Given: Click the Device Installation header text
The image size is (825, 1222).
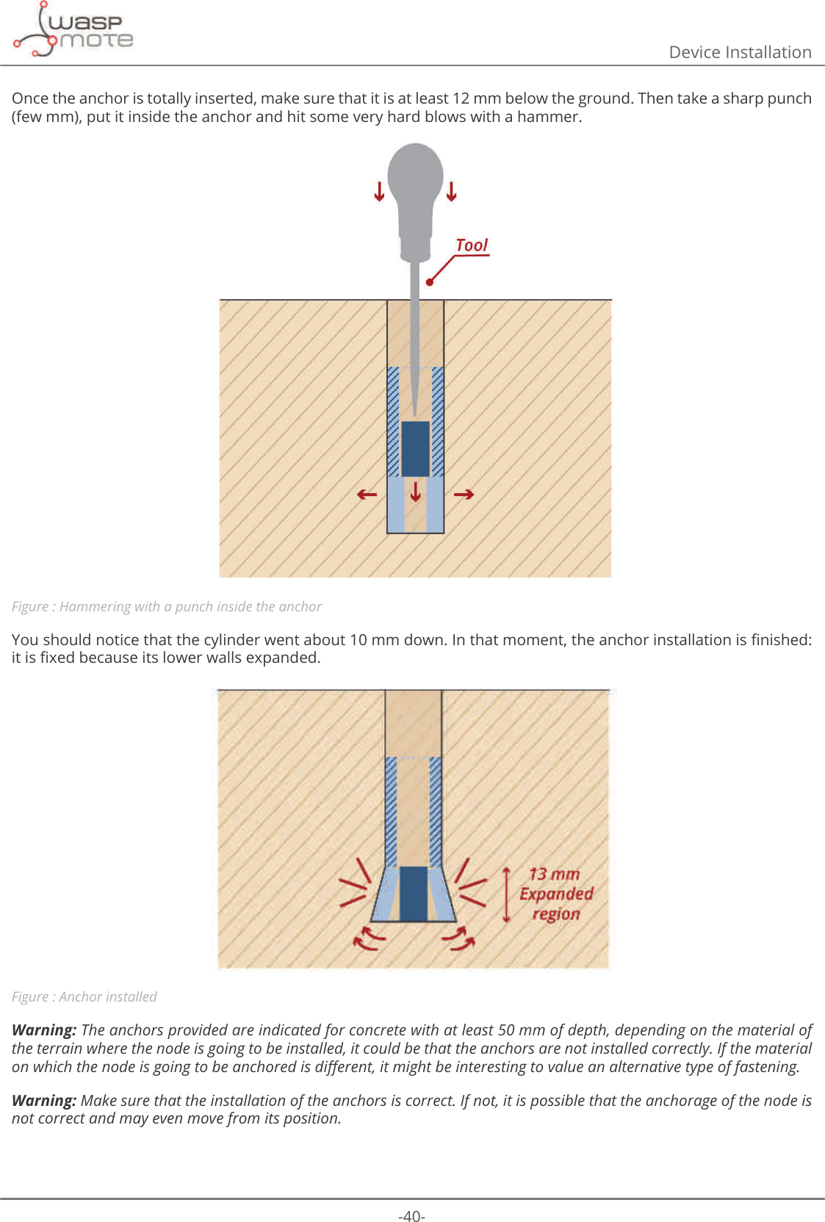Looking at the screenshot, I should tap(739, 52).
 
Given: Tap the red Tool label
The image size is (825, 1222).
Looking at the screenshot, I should tap(472, 245).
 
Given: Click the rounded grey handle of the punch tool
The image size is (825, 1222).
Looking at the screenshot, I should tap(415, 176).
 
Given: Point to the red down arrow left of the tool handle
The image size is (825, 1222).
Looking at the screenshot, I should tap(379, 191).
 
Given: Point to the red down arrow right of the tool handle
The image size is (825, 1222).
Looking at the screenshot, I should tap(451, 191).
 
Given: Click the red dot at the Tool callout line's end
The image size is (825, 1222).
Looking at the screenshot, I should tap(430, 281).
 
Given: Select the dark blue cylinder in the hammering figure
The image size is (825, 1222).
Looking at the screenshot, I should tap(415, 449).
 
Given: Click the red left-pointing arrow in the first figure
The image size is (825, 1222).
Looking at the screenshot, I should tap(367, 495).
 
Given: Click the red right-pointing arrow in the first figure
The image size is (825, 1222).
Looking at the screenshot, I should tap(464, 495).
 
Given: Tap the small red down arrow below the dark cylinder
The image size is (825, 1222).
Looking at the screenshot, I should tap(416, 491).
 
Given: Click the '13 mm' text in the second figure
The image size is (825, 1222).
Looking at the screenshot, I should tap(555, 874).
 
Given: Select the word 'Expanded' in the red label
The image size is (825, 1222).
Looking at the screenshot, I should tap(556, 894).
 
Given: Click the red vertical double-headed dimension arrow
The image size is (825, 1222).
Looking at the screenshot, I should tap(506, 894).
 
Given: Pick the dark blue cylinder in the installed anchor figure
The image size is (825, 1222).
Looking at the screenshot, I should tap(414, 894).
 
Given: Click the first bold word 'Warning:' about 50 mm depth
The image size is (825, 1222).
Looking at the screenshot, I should tap(44, 1030).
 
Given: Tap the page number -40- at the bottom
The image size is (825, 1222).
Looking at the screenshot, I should tap(411, 1216).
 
